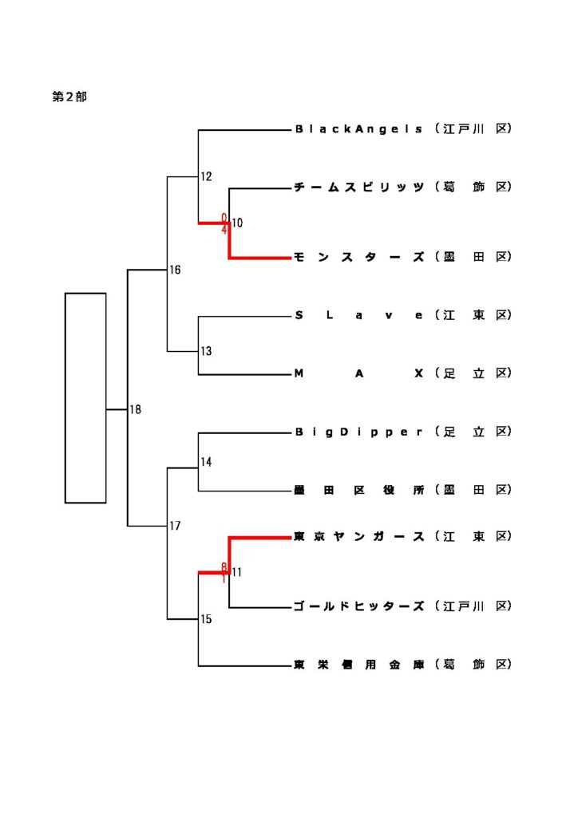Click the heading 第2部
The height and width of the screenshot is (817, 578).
(x=69, y=97)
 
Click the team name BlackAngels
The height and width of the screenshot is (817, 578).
(x=358, y=128)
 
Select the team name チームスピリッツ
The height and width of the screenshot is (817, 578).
(x=358, y=187)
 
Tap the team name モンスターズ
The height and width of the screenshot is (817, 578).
(x=358, y=257)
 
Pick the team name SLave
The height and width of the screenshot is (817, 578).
(x=358, y=315)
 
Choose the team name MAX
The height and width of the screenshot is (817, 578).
(x=358, y=373)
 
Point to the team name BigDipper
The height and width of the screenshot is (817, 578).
(x=358, y=432)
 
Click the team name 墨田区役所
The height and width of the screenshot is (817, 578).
(x=358, y=491)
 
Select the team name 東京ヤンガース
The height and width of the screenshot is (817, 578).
(x=358, y=537)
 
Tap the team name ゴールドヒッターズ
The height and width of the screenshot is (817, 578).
(x=358, y=606)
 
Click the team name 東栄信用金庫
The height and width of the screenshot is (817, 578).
(x=358, y=665)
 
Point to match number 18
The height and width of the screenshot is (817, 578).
(x=136, y=410)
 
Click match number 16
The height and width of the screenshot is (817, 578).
(x=175, y=270)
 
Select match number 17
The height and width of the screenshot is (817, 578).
(x=175, y=526)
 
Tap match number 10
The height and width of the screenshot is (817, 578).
(x=238, y=223)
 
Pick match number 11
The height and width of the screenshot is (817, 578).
(x=237, y=572)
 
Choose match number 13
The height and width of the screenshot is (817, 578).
(x=206, y=351)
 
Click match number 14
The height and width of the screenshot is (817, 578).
(x=206, y=462)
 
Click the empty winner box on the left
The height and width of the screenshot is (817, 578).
(x=85, y=398)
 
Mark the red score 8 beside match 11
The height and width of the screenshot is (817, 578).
(x=225, y=567)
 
